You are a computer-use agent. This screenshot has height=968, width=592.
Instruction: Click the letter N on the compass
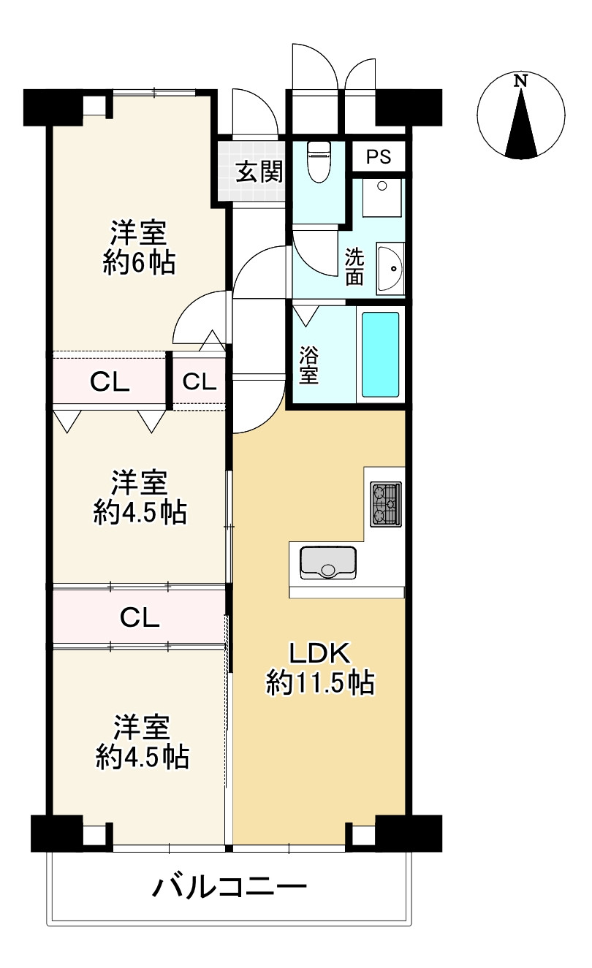pyautogui.click(x=520, y=81)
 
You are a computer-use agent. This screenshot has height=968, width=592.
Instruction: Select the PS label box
pyautogui.click(x=379, y=156)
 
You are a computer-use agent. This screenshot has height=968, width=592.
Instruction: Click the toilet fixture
pyautogui.click(x=319, y=161)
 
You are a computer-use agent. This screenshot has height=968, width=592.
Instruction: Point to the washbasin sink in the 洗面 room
pyautogui.click(x=390, y=270)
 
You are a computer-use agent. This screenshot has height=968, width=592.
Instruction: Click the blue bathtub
pyautogui.click(x=380, y=354)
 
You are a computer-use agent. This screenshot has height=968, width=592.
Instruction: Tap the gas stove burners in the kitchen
pyautogui.click(x=385, y=503)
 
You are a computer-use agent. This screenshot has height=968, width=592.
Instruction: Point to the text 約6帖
pyautogui.click(x=139, y=262)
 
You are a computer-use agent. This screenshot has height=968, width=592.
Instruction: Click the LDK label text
pyautogui.click(x=319, y=651)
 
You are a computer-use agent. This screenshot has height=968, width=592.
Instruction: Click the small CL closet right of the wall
pyautogui.click(x=199, y=381)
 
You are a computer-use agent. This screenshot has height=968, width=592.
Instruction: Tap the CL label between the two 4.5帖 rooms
pyautogui.click(x=139, y=618)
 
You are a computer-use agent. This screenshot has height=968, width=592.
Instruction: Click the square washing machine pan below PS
pyautogui.click(x=382, y=197)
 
